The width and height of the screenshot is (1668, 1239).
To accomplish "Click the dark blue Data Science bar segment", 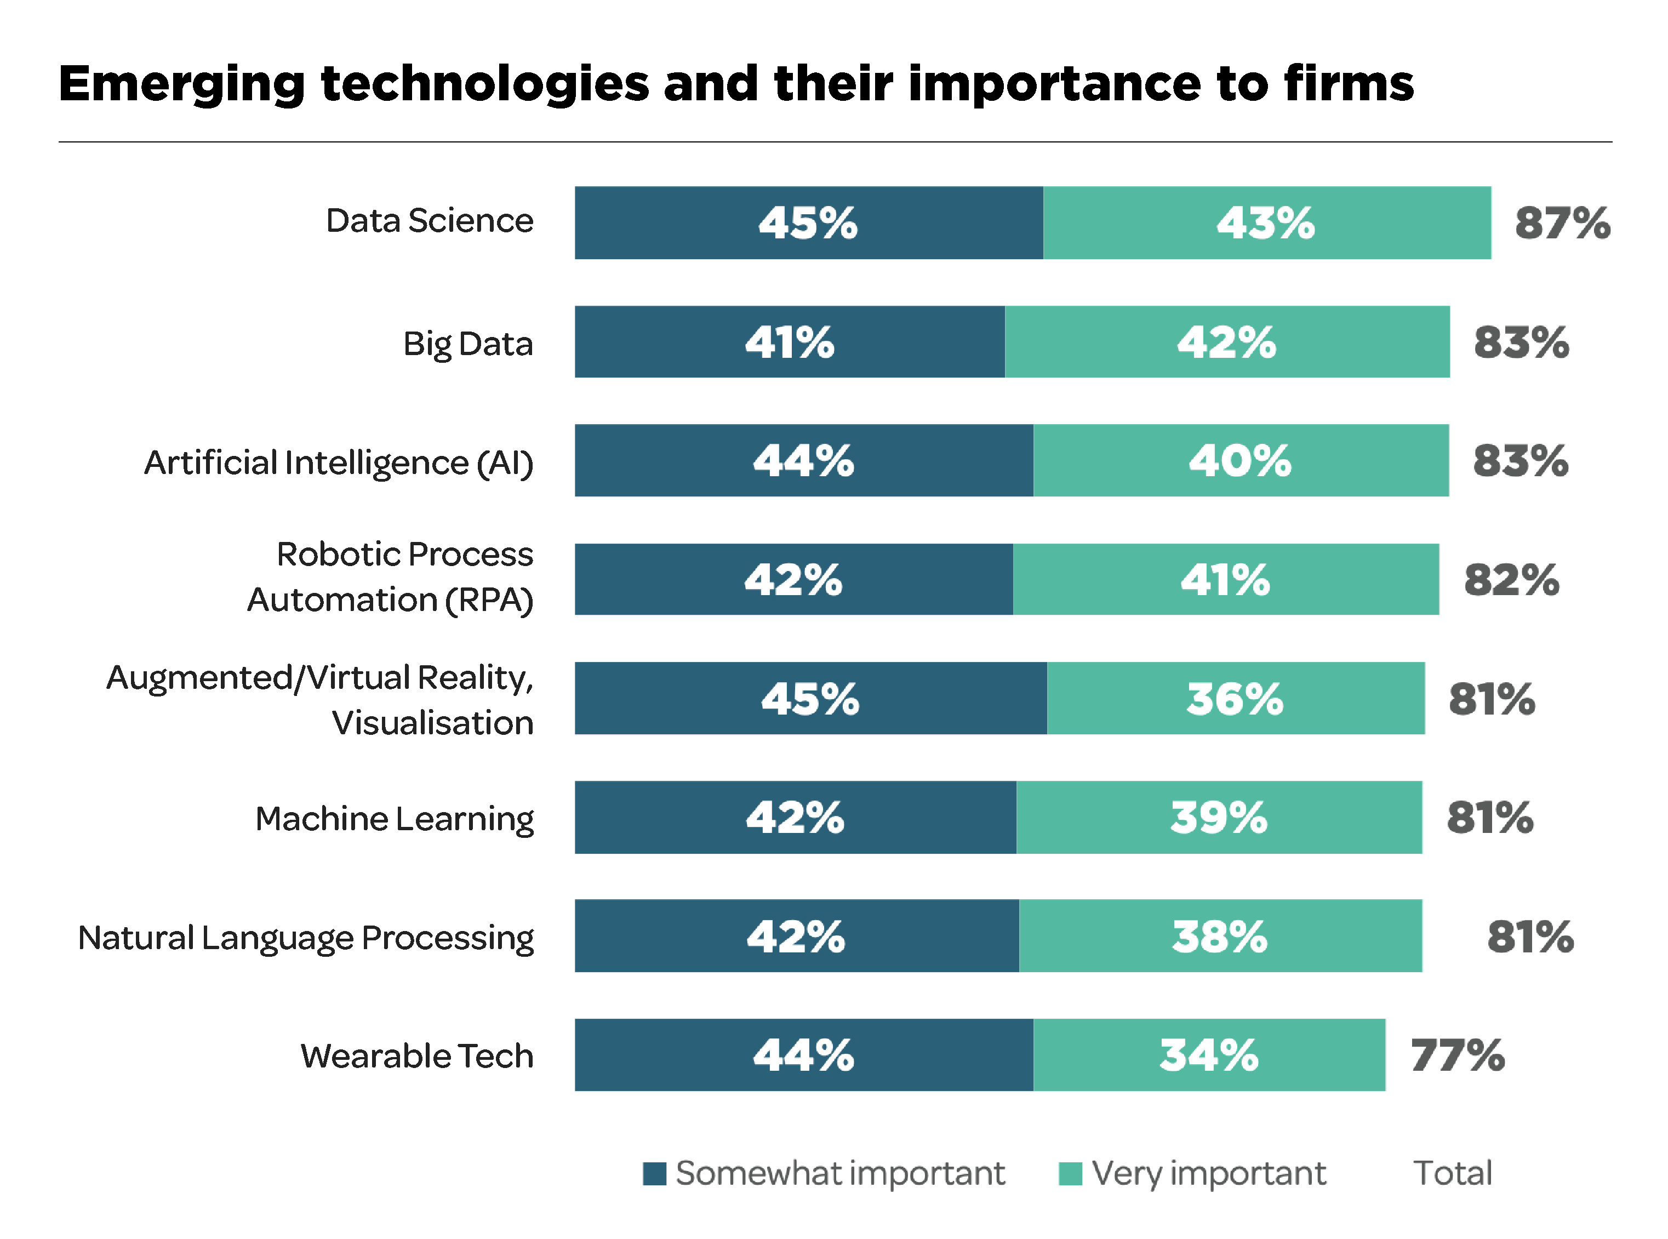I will point(808,222).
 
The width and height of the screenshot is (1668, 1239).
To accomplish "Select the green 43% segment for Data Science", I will point(1267,222).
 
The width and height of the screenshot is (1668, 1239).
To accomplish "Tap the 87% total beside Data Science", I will point(1562,222).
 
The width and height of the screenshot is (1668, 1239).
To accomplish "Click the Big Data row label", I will point(468,344).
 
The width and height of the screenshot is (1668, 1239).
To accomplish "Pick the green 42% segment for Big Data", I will point(1227,342).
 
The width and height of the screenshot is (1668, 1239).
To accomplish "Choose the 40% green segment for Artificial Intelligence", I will point(1241,460).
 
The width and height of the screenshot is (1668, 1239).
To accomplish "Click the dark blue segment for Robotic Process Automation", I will point(793,580).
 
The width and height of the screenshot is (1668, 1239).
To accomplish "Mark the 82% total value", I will point(1511,580).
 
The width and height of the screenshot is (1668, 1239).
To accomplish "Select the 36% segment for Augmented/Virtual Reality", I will point(1235,698).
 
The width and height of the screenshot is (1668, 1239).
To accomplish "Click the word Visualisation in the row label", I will point(433,723).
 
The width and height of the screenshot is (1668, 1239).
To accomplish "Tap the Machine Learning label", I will point(395,818).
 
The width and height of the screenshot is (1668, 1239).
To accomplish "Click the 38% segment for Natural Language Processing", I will point(1220,936).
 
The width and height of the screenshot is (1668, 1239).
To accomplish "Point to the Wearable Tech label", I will point(417,1056).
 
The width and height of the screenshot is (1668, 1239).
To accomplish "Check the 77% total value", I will point(1457,1055).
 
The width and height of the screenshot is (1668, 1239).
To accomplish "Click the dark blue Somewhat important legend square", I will point(654,1174).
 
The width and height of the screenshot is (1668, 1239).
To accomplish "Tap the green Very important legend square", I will point(1070,1174).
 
